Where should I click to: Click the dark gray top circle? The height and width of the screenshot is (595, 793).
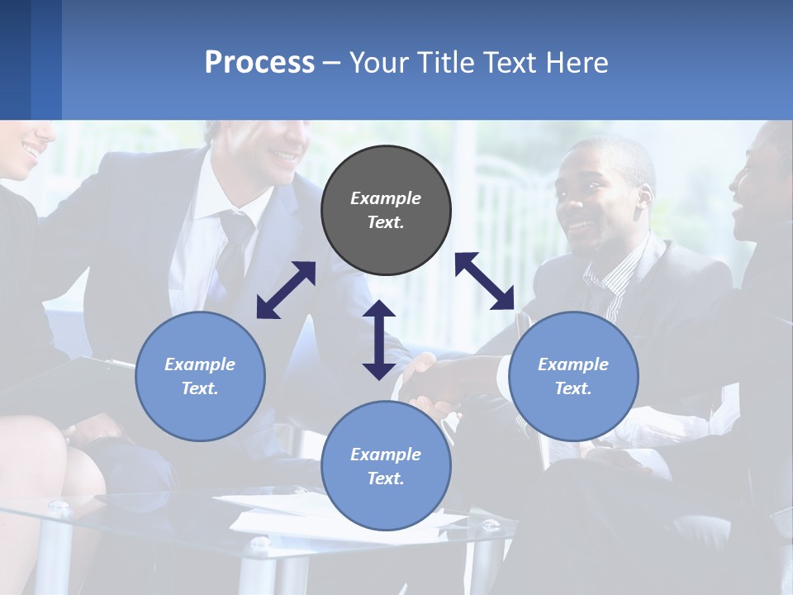386,211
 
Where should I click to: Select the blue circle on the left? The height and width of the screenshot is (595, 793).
200,377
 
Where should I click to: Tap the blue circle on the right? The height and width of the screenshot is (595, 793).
573,377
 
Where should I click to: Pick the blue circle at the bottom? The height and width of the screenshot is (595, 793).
386,466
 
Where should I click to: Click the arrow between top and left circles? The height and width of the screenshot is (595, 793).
286,290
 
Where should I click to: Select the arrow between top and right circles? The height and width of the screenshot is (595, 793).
485,281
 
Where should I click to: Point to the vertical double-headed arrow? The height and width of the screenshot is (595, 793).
379,340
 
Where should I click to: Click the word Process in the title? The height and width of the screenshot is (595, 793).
259,62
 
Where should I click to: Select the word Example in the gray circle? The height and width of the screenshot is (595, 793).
386,198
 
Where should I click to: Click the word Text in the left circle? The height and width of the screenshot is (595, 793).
198,388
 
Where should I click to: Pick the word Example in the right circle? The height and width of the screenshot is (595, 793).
573,364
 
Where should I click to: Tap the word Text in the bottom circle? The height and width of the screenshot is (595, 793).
384,478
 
